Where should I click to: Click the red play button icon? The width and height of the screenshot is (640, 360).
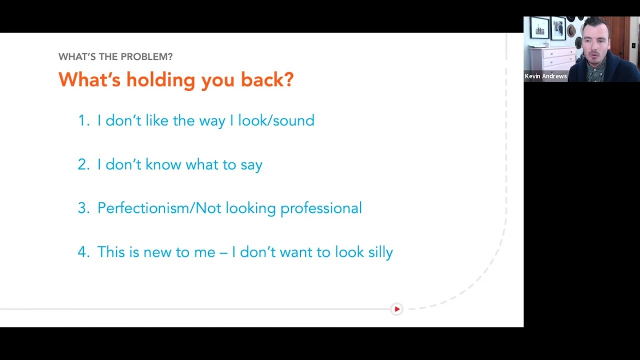[x=396, y=309]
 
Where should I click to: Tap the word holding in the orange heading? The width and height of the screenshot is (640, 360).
[x=161, y=79]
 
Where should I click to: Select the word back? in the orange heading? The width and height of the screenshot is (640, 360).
[x=267, y=79]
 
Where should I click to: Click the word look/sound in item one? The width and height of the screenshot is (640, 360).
[x=276, y=120]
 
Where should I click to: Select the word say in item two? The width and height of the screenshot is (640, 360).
[x=251, y=165]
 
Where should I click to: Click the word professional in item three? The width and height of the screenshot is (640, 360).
[x=321, y=208]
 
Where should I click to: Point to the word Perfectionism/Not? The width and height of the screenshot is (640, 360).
[x=159, y=207]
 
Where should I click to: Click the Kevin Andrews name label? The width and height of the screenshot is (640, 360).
[x=545, y=76]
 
